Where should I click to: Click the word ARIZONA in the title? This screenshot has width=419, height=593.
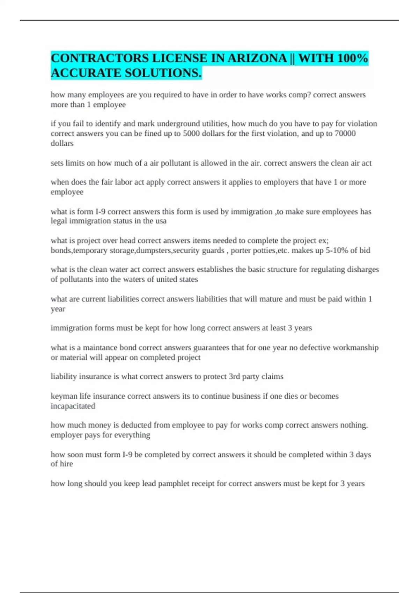pos(257,58)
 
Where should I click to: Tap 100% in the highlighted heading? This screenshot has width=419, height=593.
pos(353,58)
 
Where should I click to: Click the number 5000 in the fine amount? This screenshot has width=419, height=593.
pos(191,134)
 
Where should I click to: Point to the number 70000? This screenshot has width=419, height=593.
pos(345,134)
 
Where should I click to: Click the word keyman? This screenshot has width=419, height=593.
pos(64,396)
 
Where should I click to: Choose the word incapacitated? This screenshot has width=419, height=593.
pos(73,406)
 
